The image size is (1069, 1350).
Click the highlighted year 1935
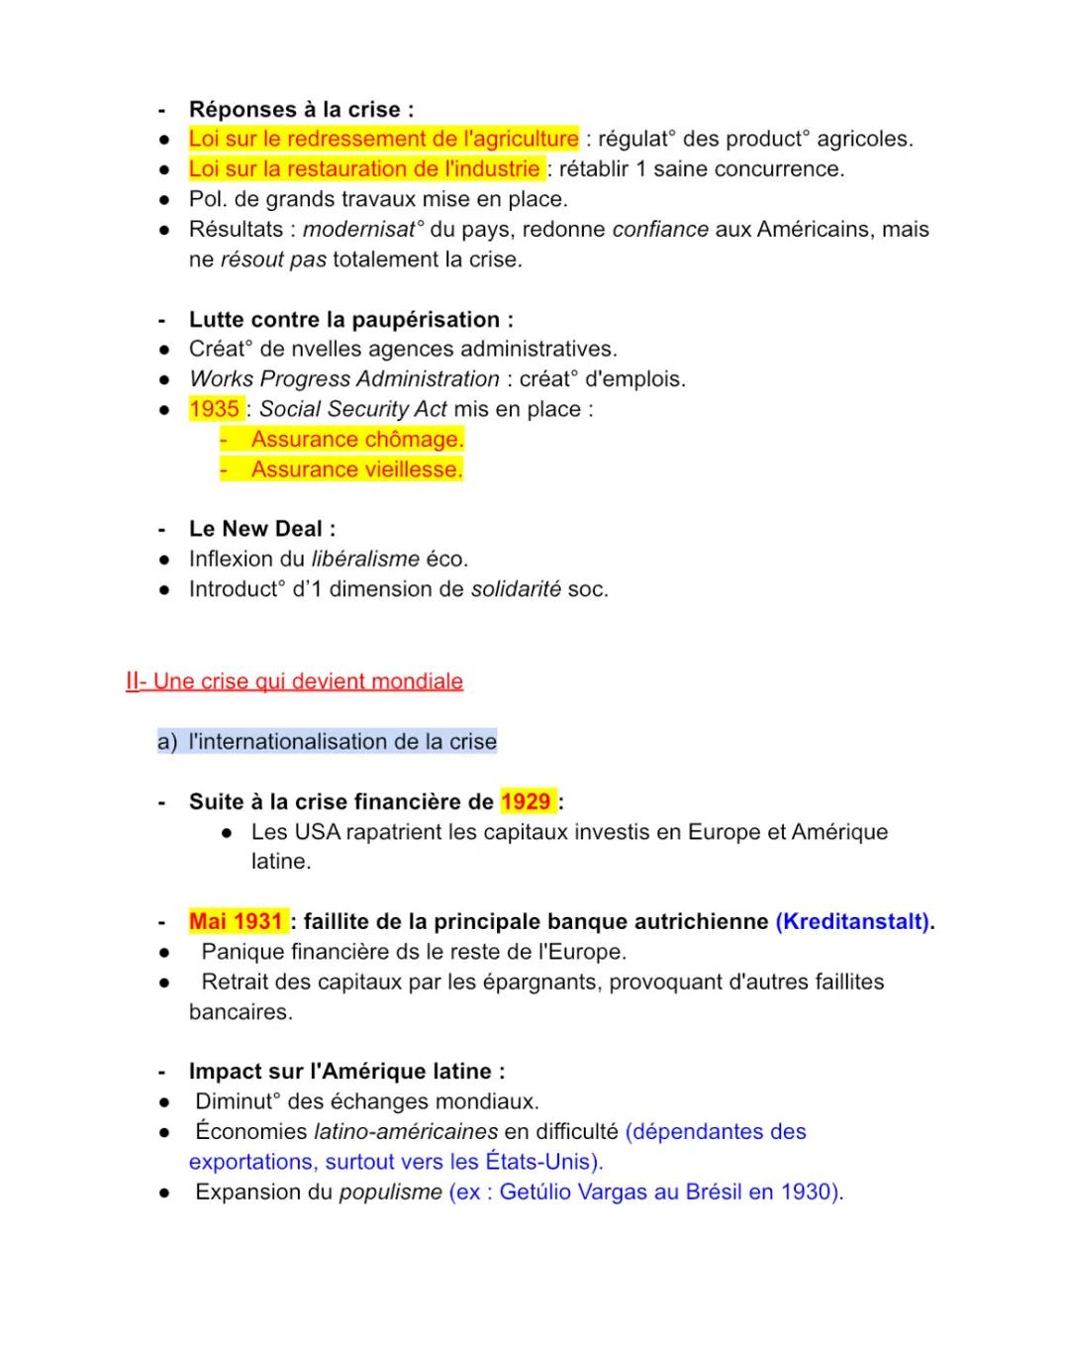215,409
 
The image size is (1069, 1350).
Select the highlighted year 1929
526,801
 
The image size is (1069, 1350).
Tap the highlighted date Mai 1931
237,921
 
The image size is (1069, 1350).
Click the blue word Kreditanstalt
852,921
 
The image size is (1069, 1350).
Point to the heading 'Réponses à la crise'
301,109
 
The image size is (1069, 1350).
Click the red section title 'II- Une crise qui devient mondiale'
294,681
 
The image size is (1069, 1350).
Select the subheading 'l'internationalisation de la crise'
342,741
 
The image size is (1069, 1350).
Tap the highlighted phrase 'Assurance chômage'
356,439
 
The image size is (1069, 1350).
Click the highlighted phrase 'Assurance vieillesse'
356,469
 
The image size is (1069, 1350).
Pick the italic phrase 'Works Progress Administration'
343,379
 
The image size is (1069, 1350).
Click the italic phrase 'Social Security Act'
352,409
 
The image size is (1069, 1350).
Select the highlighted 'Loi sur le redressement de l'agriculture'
383,139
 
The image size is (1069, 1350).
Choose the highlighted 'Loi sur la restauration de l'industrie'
365,168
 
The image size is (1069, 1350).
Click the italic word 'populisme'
390,1192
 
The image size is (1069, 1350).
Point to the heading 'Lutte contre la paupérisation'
350,319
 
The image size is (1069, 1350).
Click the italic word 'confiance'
660,229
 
